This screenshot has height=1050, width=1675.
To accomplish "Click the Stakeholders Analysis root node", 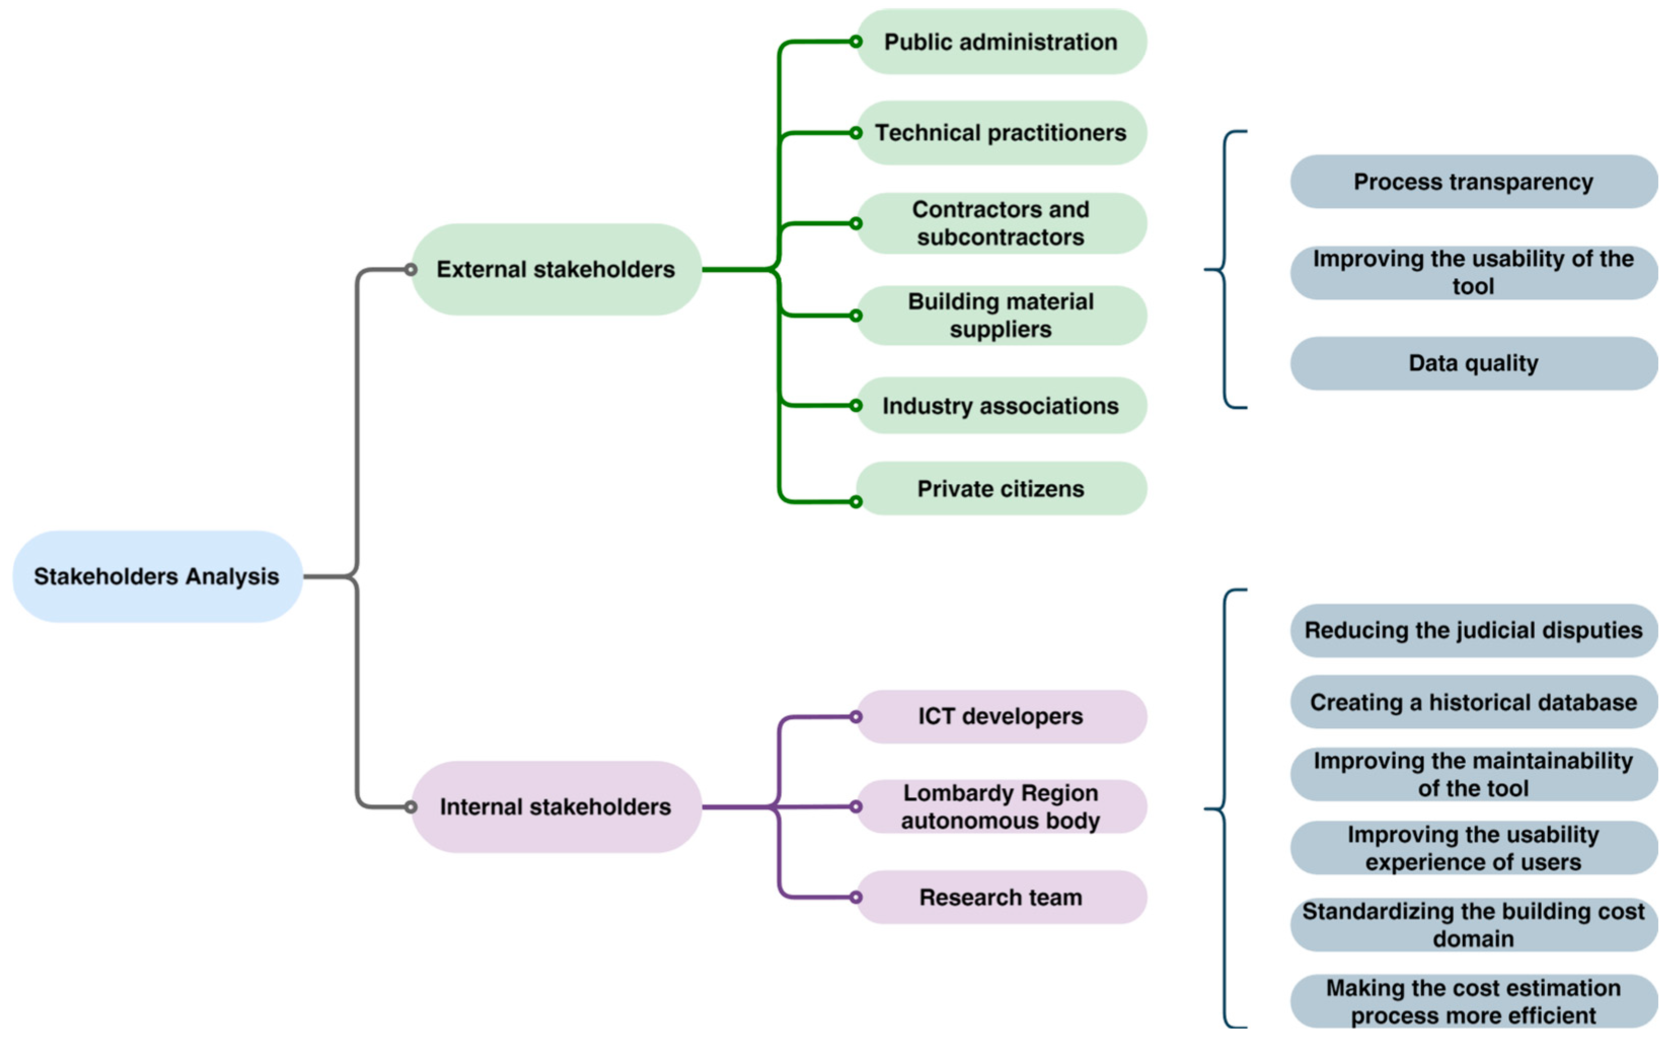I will click(x=157, y=576).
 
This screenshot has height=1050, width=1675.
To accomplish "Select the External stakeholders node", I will click(x=556, y=269).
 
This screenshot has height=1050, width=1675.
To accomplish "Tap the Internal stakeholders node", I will click(x=556, y=807).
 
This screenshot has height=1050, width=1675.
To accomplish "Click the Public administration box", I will click(x=1001, y=42).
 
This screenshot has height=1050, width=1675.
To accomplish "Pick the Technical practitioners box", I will click(x=1001, y=133).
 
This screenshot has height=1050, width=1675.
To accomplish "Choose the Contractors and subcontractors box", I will click(x=1001, y=223).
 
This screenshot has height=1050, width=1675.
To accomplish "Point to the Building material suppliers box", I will click(x=1001, y=315).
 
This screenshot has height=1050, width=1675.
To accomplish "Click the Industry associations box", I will click(x=1001, y=406).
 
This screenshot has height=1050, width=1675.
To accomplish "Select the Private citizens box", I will click(x=1001, y=489).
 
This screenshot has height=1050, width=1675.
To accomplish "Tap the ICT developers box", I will click(x=1001, y=717).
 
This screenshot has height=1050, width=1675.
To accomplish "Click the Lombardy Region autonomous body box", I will click(x=1001, y=807).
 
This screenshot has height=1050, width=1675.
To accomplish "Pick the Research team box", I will click(x=1001, y=897).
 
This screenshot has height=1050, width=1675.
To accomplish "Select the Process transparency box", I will click(x=1474, y=182).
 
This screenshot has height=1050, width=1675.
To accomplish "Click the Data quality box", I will click(x=1474, y=363).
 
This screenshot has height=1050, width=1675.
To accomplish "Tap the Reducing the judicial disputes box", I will click(x=1474, y=631).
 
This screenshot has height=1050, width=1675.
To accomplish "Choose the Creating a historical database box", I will click(x=1474, y=703).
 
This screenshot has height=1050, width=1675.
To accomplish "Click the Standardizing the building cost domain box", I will click(x=1474, y=925).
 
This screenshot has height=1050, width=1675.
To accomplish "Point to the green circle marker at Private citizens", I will click(x=856, y=501).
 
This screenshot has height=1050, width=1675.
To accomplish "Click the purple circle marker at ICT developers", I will click(x=856, y=717).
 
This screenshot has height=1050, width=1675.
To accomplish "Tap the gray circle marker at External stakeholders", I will click(x=411, y=269).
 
